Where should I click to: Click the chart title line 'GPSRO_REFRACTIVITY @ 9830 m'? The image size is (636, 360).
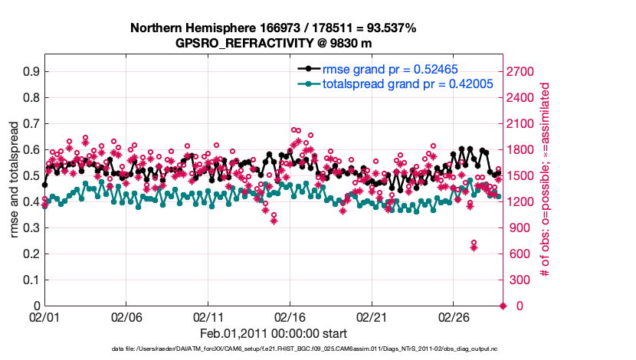[x=274, y=43]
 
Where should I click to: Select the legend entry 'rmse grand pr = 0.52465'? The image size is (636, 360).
[x=391, y=68]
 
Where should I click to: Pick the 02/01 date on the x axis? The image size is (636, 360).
[x=44, y=316]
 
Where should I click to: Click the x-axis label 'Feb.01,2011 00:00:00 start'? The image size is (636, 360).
[x=274, y=333]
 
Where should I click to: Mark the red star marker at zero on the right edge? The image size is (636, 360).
[x=503, y=306]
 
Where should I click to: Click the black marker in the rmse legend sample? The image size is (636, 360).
[x=309, y=68]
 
